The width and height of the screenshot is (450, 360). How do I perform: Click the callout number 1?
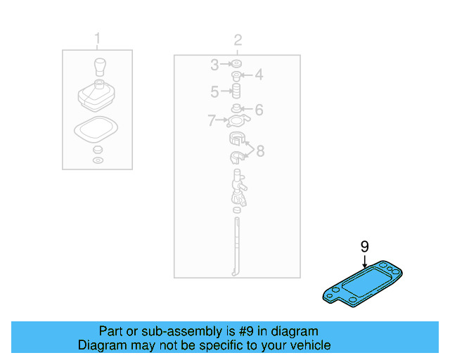pos(97,38)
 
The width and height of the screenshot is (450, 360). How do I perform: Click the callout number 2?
pos(238,39)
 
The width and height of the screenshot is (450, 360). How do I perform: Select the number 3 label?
pos(214,65)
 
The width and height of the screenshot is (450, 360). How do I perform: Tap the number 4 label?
pos(259,75)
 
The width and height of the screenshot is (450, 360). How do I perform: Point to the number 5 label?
pos(214,91)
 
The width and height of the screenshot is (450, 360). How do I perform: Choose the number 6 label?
pos(259,110)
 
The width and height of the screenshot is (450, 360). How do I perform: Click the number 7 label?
pos(211,122)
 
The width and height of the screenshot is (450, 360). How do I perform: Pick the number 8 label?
pos(260,150)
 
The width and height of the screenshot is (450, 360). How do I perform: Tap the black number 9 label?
pos(364,246)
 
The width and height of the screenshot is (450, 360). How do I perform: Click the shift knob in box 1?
pos(98,68)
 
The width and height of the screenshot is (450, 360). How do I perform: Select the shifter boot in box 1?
pos(97,97)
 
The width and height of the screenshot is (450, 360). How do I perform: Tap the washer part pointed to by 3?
pos(236,65)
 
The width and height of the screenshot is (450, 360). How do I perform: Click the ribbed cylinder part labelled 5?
pos(237,91)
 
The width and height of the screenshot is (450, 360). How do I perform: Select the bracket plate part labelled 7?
pos(238,122)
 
